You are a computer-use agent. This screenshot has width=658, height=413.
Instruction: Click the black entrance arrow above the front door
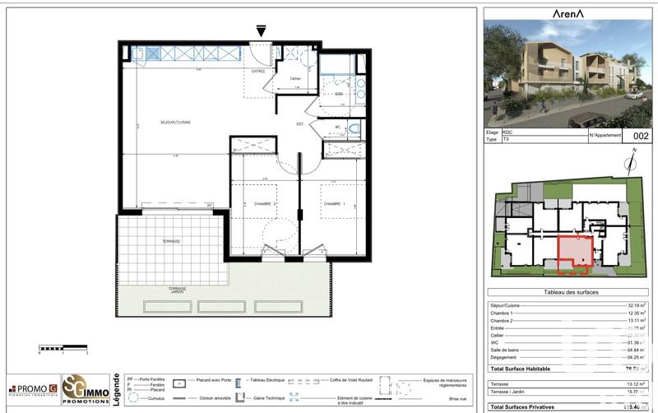[x=262, y=31]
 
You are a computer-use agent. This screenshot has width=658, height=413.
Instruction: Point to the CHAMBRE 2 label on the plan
[x=263, y=203]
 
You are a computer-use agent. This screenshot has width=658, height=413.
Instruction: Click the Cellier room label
[x=294, y=79]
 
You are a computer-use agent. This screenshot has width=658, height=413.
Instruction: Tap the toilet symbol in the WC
[x=353, y=128]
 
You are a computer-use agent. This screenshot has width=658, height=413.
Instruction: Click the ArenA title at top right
[x=568, y=12]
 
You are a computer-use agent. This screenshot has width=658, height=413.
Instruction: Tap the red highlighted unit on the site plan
[x=575, y=253]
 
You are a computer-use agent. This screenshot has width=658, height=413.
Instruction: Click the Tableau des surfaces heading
[x=571, y=293]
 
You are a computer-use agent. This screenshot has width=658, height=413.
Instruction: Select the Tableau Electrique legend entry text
[x=262, y=382]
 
